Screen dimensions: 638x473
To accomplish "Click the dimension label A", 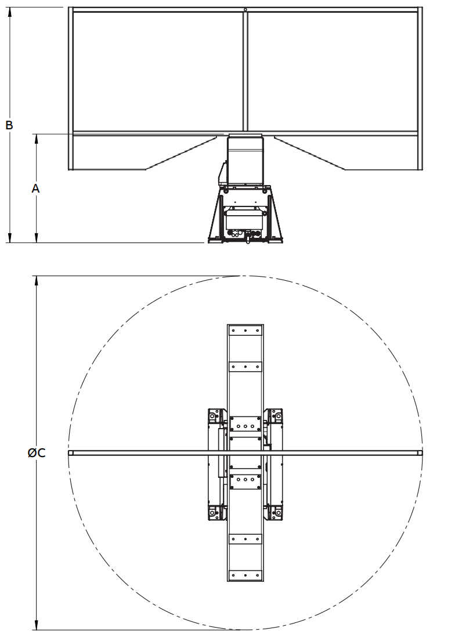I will [36, 188].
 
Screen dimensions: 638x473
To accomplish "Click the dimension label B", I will [9, 125].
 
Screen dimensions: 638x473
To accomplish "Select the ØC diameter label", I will [36, 453].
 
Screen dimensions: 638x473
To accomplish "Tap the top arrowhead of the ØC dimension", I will [37, 280].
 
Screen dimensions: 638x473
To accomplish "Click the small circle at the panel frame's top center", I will [245, 9].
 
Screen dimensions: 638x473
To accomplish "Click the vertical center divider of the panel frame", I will [245, 70].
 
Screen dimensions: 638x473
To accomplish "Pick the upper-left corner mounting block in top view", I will [215, 416].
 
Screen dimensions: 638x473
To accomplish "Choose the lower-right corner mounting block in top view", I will [276, 512].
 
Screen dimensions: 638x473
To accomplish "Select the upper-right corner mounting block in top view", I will [276, 416].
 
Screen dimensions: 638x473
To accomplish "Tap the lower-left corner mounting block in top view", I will [215, 512].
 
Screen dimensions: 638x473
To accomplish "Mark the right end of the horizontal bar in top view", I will [420, 452].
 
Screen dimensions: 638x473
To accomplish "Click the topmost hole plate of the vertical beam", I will [245, 331].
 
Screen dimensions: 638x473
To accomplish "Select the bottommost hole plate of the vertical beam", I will [245, 575].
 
